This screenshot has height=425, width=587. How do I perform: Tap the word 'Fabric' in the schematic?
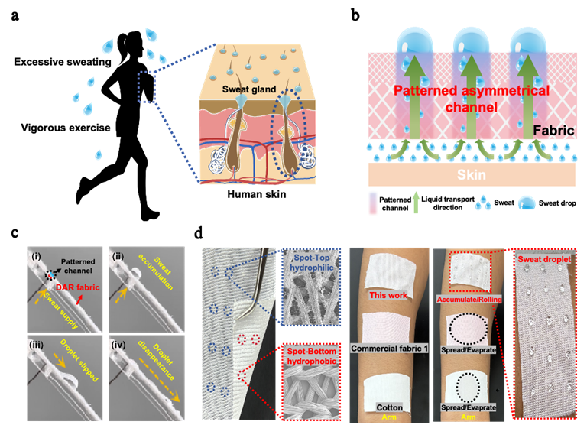[553, 131]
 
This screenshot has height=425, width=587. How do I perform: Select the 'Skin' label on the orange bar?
[471, 175]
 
